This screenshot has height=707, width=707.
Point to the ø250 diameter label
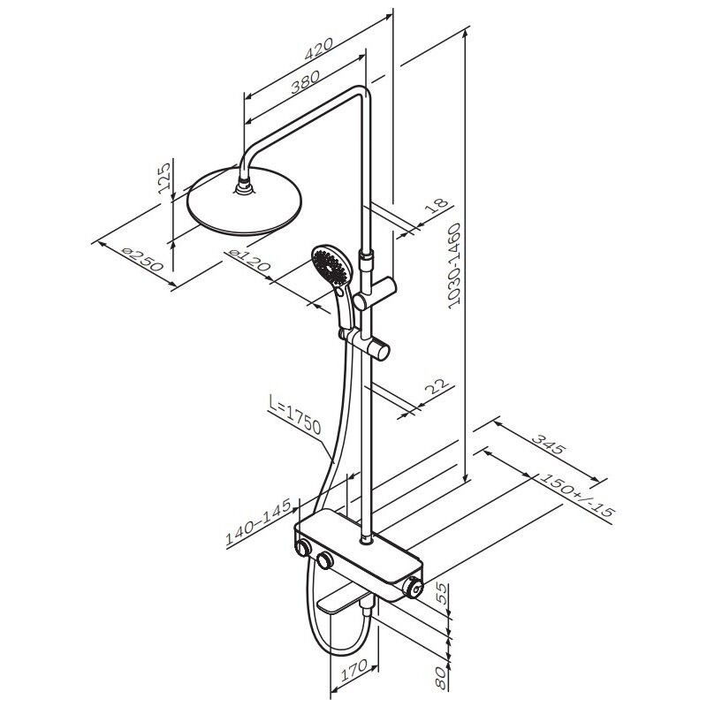click(141, 262)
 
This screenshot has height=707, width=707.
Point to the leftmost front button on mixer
click(305, 550)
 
